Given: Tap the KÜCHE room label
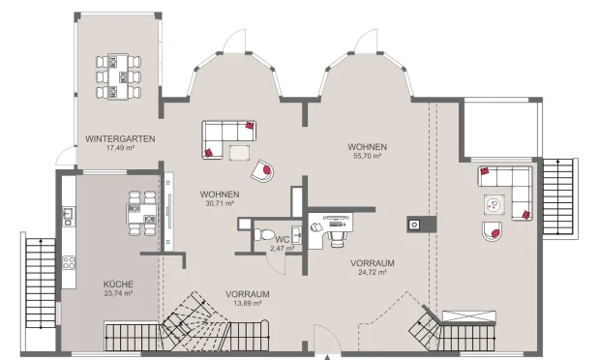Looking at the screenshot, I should pyautogui.click(x=118, y=284).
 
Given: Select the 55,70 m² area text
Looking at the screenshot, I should pyautogui.click(x=365, y=155).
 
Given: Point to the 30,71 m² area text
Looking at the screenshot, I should pyautogui.click(x=220, y=203).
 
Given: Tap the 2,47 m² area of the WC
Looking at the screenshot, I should pyautogui.click(x=282, y=249).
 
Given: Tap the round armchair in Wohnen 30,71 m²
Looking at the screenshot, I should pyautogui.click(x=261, y=171).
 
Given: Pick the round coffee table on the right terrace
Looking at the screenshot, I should pyautogui.click(x=495, y=204).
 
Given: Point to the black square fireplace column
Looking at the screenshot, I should pyautogui.click(x=414, y=224).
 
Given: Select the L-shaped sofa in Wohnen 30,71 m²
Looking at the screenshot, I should pyautogui.click(x=226, y=136).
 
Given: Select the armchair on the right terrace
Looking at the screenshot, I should pyautogui.click(x=492, y=230).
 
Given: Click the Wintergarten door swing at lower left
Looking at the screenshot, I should pyautogui.click(x=64, y=155).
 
